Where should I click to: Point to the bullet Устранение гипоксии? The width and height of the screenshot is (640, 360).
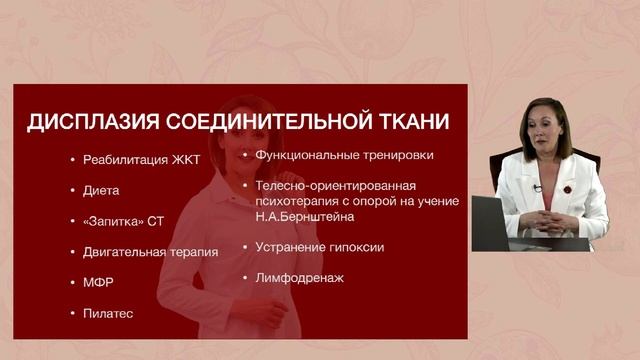(x=320, y=246)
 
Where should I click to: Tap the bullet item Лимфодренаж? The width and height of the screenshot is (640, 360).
(x=300, y=277)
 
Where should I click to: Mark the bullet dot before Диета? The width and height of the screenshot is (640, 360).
(x=73, y=190)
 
